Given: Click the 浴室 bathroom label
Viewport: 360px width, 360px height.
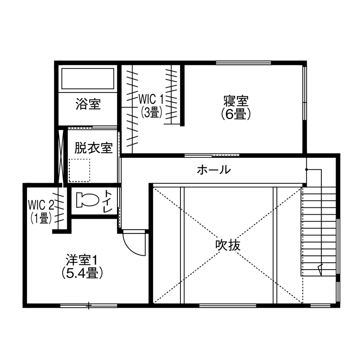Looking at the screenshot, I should (x=88, y=104).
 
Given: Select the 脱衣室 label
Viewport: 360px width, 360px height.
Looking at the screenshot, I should (x=93, y=148).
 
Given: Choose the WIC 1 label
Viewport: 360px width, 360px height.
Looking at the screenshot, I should (x=151, y=99).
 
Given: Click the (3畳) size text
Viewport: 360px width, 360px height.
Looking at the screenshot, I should (x=151, y=112).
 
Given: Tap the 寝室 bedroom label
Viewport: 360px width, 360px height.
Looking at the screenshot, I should (x=236, y=102).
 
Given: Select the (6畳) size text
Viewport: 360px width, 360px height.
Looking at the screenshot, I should (x=236, y=114).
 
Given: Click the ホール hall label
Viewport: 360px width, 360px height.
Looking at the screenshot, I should (x=213, y=170).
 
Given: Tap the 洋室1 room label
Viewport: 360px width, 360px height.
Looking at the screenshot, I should (x=82, y=260).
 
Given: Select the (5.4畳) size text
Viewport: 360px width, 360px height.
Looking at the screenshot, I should (x=82, y=273).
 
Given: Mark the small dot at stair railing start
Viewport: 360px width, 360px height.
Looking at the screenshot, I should (x=306, y=170).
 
